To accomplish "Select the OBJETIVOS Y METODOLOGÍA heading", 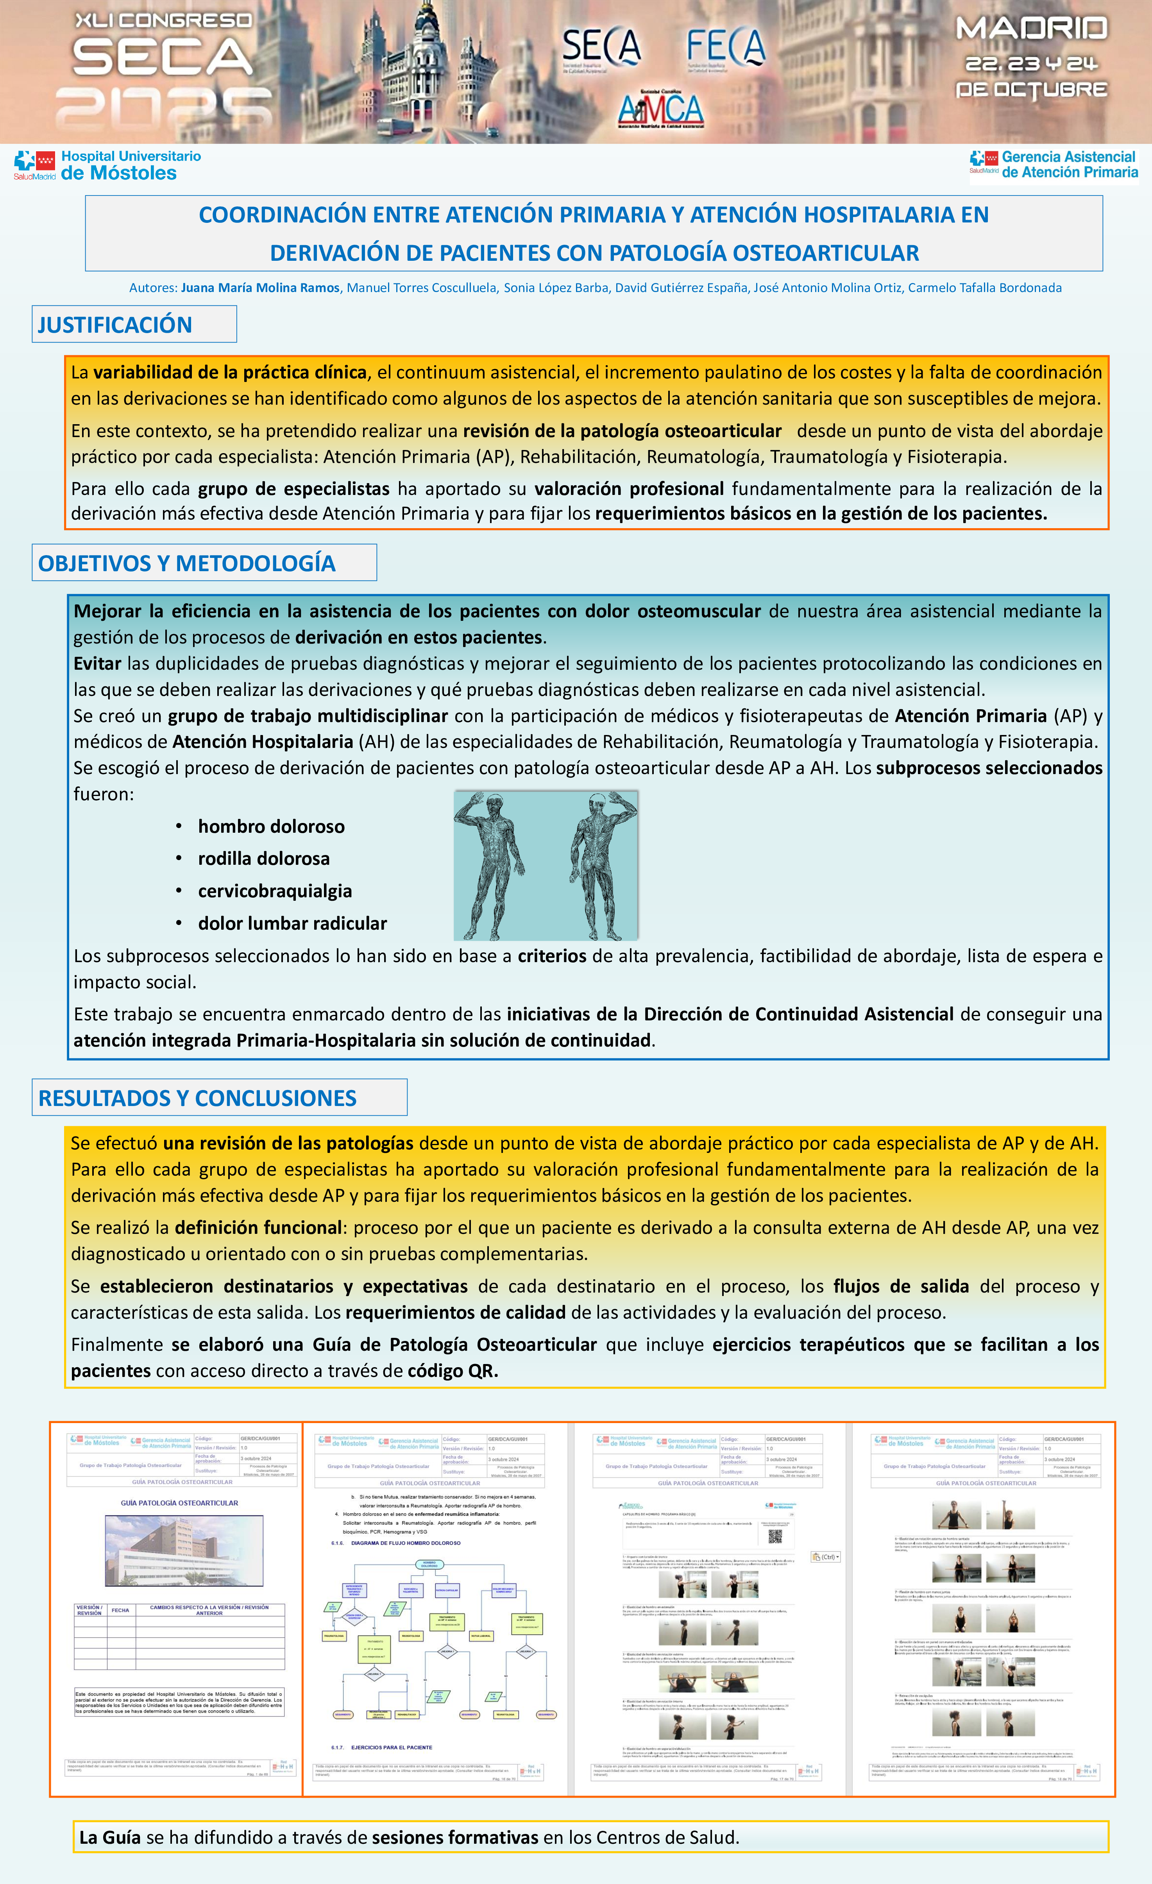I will [186, 563].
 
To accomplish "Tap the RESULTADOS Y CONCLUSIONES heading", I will [197, 1098].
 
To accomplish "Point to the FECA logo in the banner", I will [725, 47].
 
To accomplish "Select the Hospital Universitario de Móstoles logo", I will [108, 165].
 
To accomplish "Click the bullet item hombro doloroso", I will [271, 826].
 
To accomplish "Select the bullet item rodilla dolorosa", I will [264, 859].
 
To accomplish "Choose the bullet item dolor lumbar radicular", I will [292, 924].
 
